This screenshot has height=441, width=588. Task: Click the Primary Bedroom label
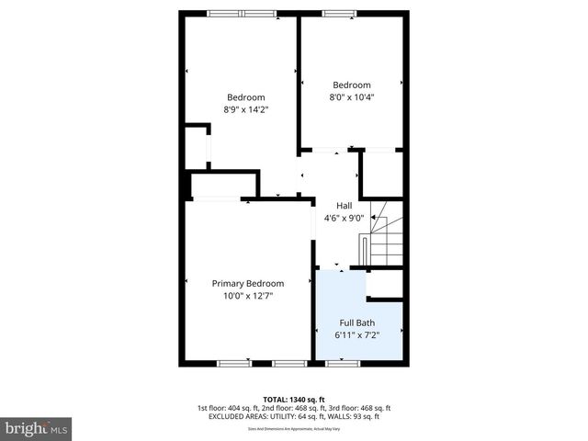point(247,284)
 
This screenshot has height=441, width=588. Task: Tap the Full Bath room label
point(356,322)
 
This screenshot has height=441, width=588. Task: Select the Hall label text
point(344,206)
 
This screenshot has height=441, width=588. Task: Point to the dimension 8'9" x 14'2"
point(245,109)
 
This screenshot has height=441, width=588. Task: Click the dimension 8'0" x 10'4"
point(352,96)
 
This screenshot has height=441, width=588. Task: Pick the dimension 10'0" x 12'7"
point(248,296)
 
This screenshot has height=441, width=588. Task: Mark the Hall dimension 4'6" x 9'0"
point(345,218)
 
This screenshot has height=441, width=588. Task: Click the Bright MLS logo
point(36,428)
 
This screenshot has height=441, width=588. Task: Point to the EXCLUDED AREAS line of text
point(293,416)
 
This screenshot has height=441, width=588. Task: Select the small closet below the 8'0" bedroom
point(381,173)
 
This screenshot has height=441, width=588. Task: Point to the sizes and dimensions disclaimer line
point(293,428)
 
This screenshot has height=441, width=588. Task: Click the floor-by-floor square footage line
point(293,408)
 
